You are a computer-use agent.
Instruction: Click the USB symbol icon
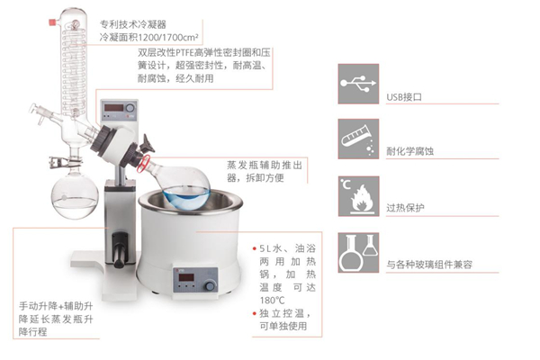[358, 84]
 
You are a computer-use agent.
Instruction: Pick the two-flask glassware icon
[358, 253]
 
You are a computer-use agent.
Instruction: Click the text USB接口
[404, 97]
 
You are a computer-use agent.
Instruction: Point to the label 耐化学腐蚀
[409, 151]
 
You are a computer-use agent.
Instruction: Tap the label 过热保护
[405, 208]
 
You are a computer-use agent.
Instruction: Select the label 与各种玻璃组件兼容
[429, 265]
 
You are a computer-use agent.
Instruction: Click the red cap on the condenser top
[53, 22]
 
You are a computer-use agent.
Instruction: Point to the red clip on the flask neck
[143, 164]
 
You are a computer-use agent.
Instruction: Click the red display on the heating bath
[186, 277]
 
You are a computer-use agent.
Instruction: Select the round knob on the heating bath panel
[209, 285]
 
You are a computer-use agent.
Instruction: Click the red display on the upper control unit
[113, 107]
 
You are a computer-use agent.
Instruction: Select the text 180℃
[272, 300]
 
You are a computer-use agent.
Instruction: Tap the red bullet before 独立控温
[255, 313]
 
